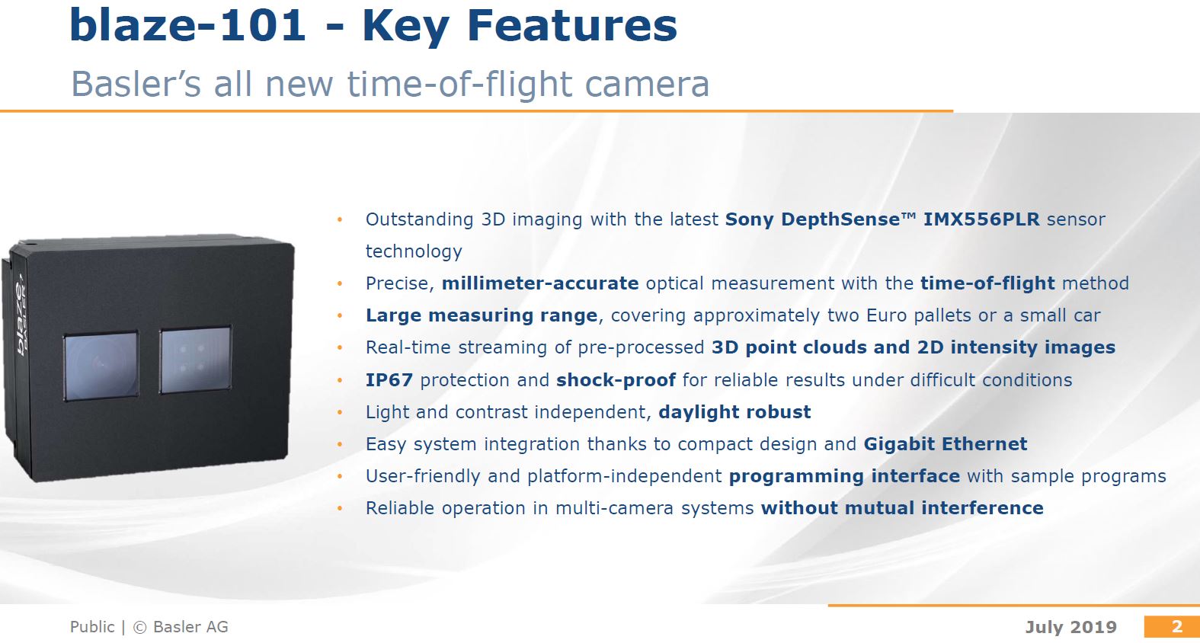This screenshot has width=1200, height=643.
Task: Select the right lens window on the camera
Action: pos(195,360)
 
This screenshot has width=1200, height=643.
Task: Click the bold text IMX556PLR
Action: pos(981,219)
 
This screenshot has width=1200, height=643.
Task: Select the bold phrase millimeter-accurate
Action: pos(539,283)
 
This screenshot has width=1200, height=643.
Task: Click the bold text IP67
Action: pos(389,380)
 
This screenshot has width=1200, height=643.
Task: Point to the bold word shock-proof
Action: pos(616,380)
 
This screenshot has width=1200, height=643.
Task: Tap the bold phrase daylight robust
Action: pos(734,412)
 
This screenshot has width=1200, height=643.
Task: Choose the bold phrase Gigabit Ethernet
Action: pos(945,444)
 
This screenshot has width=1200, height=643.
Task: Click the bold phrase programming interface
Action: pos(844,476)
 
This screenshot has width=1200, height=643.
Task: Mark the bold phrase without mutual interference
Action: pos(902,508)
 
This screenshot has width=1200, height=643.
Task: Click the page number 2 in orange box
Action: pos(1176,626)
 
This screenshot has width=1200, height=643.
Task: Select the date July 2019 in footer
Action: pos(1070,627)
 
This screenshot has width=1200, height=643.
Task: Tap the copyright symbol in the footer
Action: pos(139,627)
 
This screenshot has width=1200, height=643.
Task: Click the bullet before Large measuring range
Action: pos(340,315)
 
